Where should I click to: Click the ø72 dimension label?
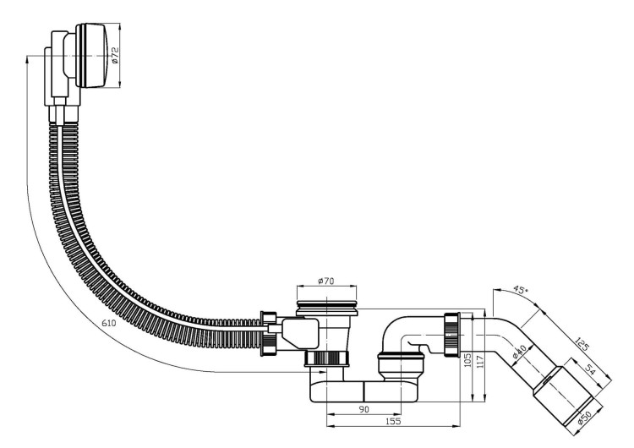[115, 56]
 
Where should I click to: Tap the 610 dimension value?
[109, 323]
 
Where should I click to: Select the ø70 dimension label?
[326, 281]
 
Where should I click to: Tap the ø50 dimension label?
[585, 417]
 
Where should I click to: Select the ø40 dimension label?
[518, 352]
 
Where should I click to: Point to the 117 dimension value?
[480, 362]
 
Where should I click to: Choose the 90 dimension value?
[364, 409]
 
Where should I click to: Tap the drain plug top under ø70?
[327, 308]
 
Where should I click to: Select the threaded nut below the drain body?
[326, 358]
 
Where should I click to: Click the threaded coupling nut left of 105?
[451, 335]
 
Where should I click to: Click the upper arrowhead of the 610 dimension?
[27, 59]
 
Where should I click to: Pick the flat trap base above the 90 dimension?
[363, 391]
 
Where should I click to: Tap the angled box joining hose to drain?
[300, 334]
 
